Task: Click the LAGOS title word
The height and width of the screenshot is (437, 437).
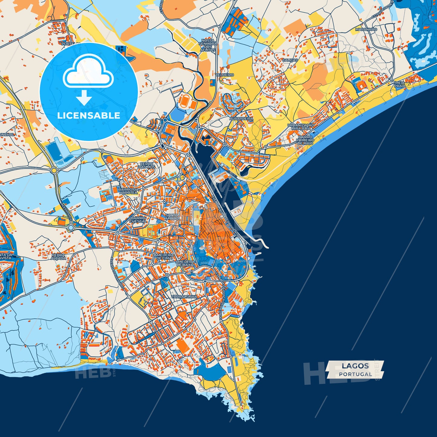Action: click(x=355, y=366)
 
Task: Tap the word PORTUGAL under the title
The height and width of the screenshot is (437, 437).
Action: click(x=355, y=374)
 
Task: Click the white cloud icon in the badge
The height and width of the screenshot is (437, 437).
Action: click(x=88, y=72)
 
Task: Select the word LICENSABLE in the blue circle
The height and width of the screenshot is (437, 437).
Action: click(x=89, y=116)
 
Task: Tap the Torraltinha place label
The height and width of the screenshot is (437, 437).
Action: click(x=184, y=297)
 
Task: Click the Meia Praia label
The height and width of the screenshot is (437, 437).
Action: click(x=399, y=84)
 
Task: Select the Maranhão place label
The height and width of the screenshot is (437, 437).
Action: click(x=366, y=30)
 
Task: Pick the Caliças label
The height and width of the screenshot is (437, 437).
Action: click(x=290, y=60)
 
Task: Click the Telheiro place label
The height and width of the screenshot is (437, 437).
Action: click(x=225, y=75)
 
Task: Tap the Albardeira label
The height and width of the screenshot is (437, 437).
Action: click(x=241, y=119)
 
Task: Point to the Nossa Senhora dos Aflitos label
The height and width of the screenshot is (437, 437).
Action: click(x=208, y=45)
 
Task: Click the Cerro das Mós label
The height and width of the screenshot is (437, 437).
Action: click(x=147, y=165)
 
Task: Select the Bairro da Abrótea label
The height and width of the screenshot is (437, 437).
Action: click(x=128, y=191)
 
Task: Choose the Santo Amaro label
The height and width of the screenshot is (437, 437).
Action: click(x=172, y=217)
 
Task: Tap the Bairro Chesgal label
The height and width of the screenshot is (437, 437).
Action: click(x=138, y=220)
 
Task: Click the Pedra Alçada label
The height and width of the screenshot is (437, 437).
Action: click(x=58, y=257)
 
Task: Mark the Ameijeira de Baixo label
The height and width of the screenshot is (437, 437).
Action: click(x=185, y=263)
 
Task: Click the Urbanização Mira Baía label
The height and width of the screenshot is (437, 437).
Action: click(x=301, y=127)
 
